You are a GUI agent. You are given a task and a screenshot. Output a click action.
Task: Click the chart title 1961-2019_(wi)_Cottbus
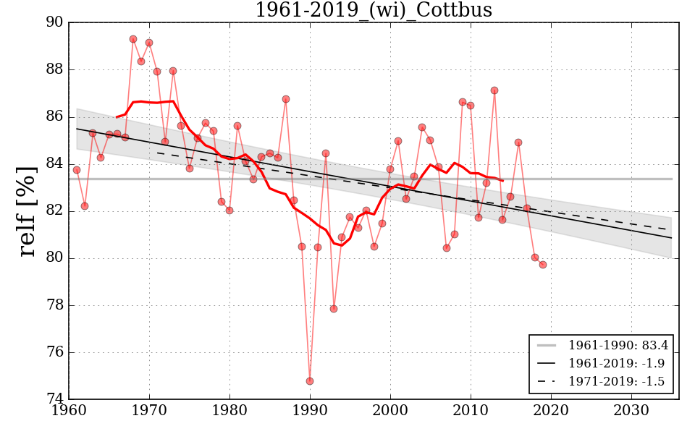(374, 10)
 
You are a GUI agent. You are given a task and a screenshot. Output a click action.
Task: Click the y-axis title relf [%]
(28, 210)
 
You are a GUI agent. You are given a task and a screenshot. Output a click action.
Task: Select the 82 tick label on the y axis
(53, 211)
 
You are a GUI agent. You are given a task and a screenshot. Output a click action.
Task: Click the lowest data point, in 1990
(310, 381)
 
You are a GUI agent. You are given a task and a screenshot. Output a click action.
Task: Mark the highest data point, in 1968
(133, 39)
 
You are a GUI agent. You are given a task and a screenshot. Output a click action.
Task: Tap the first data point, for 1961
(77, 170)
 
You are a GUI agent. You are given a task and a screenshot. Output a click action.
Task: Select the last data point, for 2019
(543, 265)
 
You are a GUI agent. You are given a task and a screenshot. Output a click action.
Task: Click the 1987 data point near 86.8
(286, 99)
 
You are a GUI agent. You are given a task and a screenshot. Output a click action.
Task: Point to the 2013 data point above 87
(494, 90)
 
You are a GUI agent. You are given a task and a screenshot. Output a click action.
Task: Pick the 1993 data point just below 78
(334, 309)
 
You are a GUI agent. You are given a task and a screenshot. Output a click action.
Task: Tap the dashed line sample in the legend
(548, 380)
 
